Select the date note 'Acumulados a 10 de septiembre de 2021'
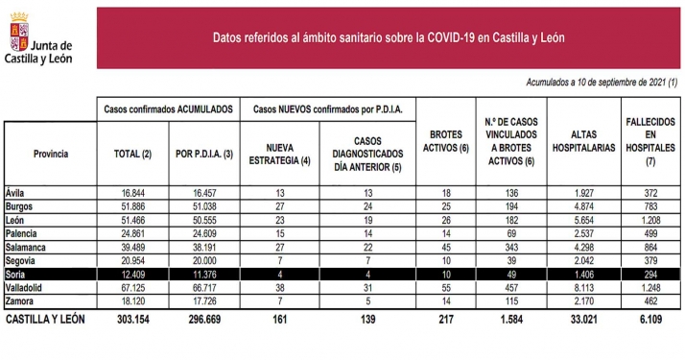click(x=602, y=83)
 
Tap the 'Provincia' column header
click(x=50, y=154)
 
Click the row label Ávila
click(x=15, y=191)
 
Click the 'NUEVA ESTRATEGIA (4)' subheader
click(x=277, y=154)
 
